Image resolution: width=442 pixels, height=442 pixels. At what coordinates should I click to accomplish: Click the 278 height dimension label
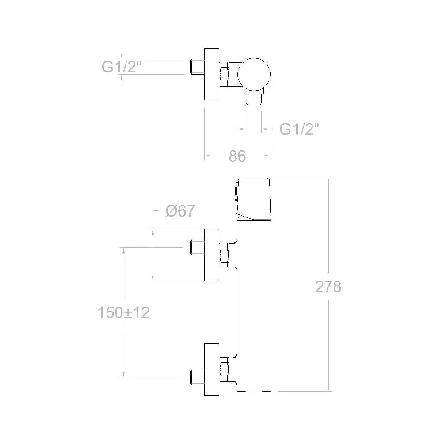(328, 287)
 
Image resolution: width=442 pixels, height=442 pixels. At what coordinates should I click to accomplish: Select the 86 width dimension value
(237, 156)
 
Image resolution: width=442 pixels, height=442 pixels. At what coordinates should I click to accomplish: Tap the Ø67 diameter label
(180, 210)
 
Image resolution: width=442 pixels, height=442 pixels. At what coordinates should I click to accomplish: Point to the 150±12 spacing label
(123, 312)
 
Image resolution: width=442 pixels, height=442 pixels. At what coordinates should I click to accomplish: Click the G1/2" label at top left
(121, 67)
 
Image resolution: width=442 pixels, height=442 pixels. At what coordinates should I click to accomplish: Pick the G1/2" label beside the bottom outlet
(299, 129)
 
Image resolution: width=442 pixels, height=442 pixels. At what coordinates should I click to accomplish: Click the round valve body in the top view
(254, 74)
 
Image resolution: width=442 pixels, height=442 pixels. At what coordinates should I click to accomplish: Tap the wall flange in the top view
(211, 74)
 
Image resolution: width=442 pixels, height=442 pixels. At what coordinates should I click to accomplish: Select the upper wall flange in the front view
(211, 255)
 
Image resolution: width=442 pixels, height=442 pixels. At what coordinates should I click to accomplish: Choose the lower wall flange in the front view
(211, 369)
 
